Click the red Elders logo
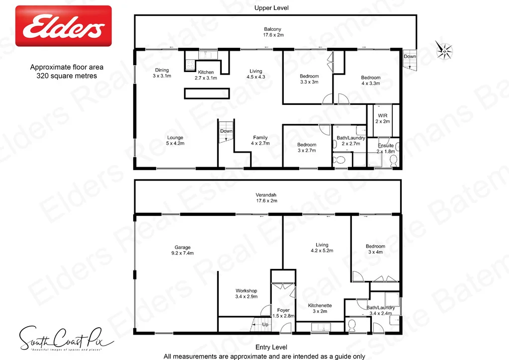point(64,26)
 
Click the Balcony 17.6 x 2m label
point(273,32)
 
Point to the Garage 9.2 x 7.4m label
point(182,250)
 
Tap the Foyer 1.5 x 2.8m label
point(283,313)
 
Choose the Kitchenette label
point(320,308)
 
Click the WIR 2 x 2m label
point(382,119)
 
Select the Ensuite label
point(385,148)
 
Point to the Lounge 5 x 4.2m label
point(175,140)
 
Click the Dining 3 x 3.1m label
point(162,73)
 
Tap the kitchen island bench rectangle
point(207,93)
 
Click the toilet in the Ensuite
point(394,160)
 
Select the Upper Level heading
point(271,8)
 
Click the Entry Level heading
point(271,347)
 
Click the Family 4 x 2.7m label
point(260,141)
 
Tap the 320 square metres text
point(67,76)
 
